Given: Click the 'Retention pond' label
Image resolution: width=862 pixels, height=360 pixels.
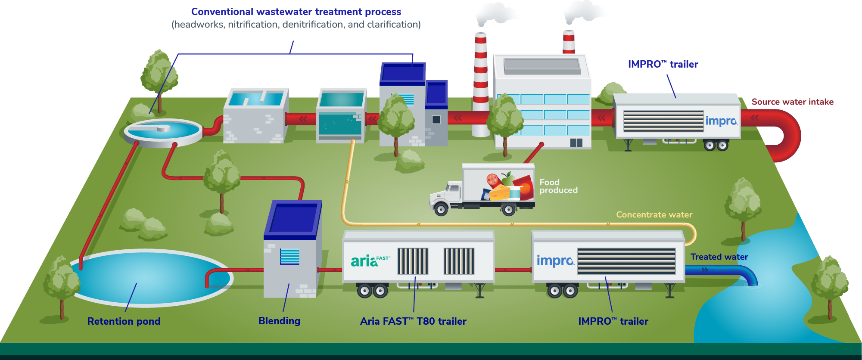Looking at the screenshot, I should pos(124,321).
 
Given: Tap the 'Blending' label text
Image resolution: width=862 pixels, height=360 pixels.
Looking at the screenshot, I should pos(279,321).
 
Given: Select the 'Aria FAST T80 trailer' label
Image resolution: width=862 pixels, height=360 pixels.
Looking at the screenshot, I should pos(413,321).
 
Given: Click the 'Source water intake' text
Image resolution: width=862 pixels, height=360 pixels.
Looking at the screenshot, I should pos(792,102).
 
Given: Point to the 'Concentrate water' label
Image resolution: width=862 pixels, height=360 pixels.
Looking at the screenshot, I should pos(654,214).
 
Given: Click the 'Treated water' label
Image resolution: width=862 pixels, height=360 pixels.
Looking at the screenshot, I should pos(719,257).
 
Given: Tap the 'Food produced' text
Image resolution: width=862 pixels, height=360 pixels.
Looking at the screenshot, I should pos(558,186).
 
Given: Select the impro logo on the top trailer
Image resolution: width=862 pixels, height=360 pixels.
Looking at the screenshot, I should pos(721,121).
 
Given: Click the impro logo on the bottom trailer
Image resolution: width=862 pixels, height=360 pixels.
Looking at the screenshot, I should pos(555,261).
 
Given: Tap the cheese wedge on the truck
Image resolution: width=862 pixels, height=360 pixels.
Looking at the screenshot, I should pos(500,192).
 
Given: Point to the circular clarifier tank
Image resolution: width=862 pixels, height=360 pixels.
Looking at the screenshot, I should pos(163,131).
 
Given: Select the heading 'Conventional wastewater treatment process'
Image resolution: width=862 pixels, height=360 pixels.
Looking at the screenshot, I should pos(296,12).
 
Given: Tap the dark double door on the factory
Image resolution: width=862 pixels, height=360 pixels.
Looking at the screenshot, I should pos(576,143).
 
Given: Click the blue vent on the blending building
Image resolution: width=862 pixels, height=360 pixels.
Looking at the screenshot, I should pos(289,257).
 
